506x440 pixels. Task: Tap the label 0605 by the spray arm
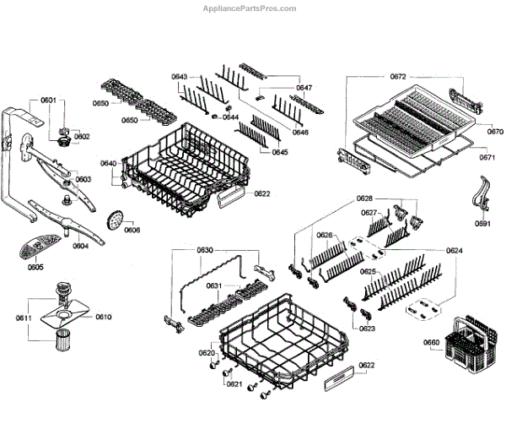tap(35, 267)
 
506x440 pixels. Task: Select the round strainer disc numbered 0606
tap(115, 220)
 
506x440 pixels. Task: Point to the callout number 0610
tap(103, 317)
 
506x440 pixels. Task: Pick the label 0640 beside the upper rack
tap(109, 163)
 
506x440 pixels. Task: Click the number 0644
tap(230, 117)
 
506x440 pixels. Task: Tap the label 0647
tap(304, 88)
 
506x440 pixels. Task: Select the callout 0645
tap(280, 152)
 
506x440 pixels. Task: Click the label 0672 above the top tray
tap(398, 77)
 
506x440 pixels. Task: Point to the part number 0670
tap(494, 132)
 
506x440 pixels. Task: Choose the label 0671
tap(487, 158)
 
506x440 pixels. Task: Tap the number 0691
tap(482, 224)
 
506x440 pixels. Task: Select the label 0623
tap(367, 328)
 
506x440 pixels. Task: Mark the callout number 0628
tap(364, 198)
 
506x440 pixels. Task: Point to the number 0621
tap(234, 384)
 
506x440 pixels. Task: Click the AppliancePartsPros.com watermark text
tap(250, 8)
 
